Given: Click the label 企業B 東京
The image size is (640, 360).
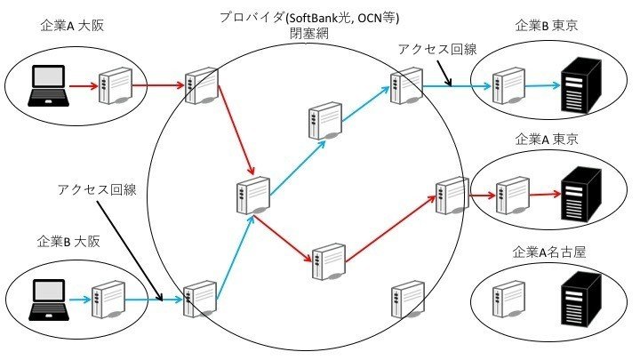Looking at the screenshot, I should click(x=547, y=26).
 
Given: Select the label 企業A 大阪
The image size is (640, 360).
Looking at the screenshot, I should click(x=74, y=25).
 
